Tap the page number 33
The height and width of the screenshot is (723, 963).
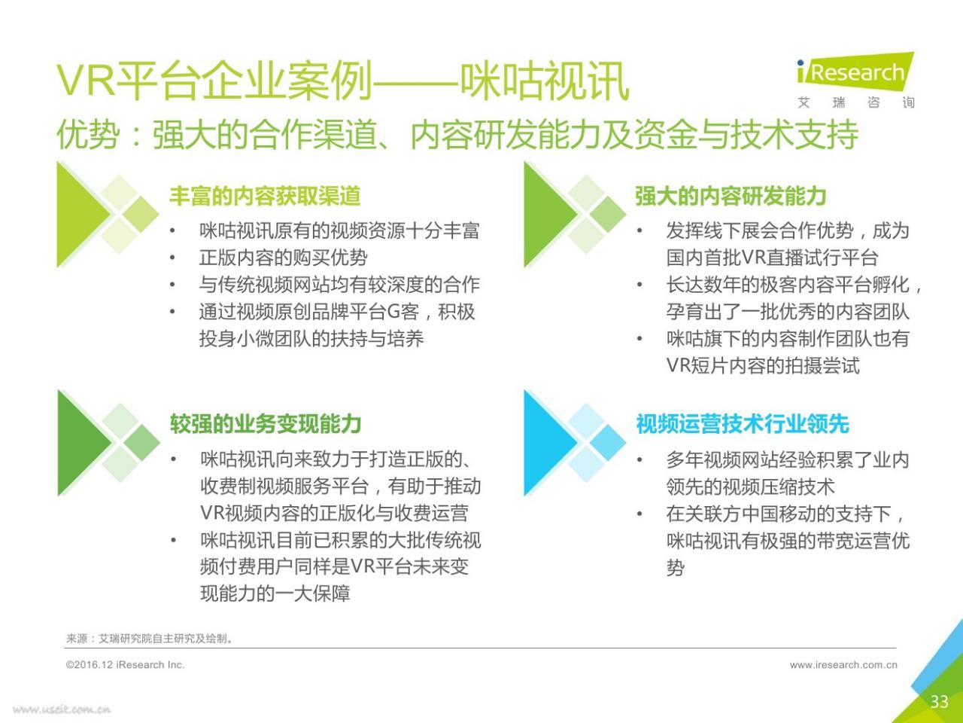point(940,701)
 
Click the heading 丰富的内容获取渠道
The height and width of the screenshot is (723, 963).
point(265,196)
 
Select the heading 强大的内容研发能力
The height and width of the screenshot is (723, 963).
point(731,196)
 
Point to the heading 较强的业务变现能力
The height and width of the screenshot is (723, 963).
point(266,423)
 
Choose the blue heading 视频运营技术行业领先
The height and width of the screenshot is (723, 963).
point(743,423)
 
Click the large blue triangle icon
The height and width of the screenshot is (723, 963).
point(551,443)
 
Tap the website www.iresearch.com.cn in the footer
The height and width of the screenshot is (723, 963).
point(843,665)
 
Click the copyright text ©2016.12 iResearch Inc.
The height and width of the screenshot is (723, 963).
point(125,664)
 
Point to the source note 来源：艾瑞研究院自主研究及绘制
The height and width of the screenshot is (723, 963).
point(149,639)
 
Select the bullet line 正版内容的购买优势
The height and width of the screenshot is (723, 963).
point(283,258)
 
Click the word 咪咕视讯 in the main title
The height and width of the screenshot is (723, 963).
point(545,81)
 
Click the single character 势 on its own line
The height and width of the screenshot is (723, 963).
point(675,568)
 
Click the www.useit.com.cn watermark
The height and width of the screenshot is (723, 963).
point(62,709)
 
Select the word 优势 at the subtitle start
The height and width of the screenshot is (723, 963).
point(88,134)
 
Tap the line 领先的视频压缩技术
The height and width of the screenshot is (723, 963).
point(750,487)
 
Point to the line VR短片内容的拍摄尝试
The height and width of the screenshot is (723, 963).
point(763,365)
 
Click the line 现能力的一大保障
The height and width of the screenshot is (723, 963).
point(275,593)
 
